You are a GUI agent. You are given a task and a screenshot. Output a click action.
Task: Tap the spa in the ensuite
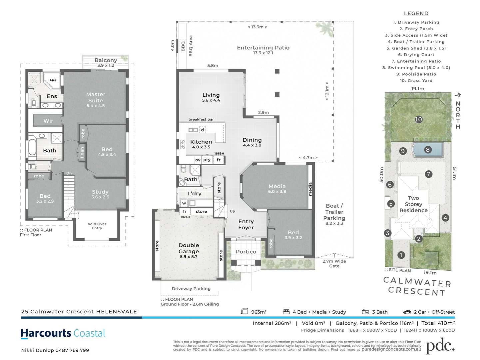[x=53, y=80]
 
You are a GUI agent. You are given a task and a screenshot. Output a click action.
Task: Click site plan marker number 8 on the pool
[x=428, y=150]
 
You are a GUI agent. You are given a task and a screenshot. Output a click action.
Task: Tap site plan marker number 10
[x=419, y=119]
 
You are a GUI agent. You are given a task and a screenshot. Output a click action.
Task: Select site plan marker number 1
[x=401, y=255]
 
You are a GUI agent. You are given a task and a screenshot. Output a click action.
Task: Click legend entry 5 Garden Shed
[x=416, y=48]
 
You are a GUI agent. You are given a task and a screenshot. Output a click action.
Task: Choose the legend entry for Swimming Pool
[x=416, y=68]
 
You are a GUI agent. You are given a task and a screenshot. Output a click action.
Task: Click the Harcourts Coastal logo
[x=63, y=333]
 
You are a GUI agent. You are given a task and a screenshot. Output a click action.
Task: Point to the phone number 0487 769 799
[x=72, y=350]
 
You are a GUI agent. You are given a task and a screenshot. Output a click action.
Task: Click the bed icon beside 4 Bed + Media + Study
[x=286, y=312]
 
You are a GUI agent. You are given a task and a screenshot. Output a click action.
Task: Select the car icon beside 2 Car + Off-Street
[x=407, y=312]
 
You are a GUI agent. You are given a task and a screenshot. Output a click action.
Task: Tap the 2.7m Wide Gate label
[x=334, y=263]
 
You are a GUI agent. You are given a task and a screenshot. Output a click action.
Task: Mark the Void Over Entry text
[x=97, y=226]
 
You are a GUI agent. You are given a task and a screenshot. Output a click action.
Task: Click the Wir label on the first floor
[x=48, y=121]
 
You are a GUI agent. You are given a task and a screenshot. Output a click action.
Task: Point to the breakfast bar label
[x=201, y=119]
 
